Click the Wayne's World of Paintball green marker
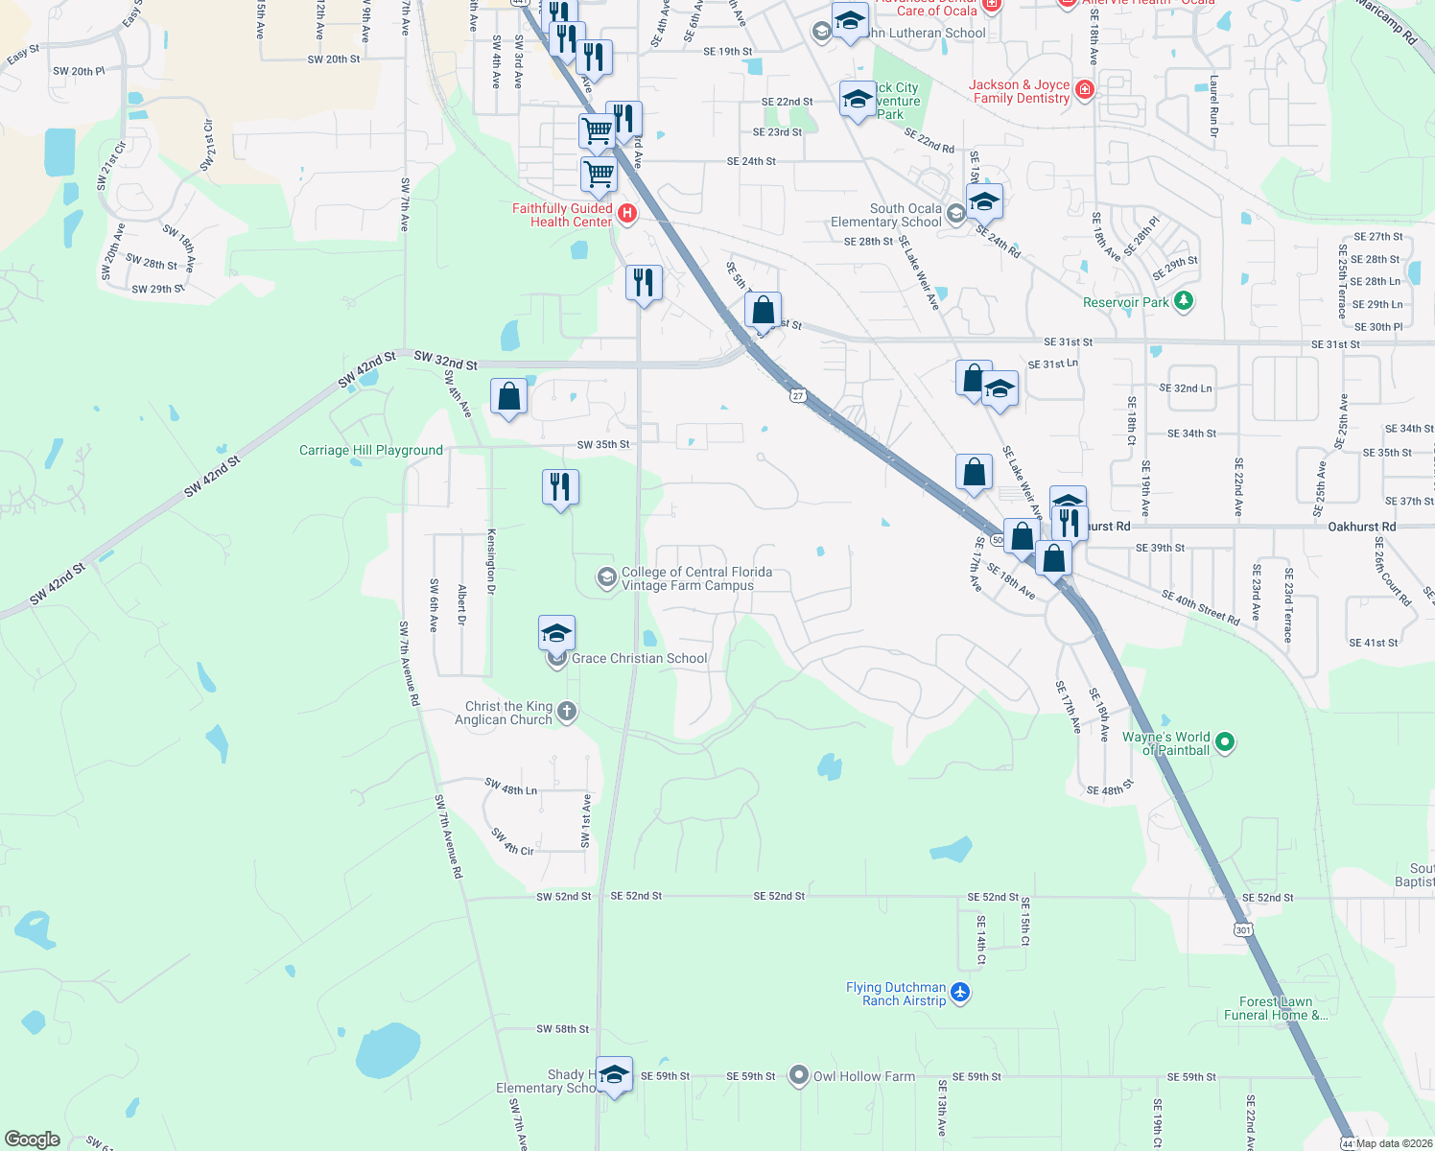tap(1224, 741)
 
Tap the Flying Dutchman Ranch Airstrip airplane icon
tap(960, 993)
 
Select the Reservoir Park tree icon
tap(1184, 301)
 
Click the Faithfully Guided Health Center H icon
tap(626, 213)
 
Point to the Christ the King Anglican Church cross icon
tap(567, 712)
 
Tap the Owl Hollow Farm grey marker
tap(798, 1076)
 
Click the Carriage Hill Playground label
tap(370, 450)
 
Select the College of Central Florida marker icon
tap(606, 577)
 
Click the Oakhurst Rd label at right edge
tap(1361, 527)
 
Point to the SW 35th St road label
tap(603, 444)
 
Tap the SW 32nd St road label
tap(445, 361)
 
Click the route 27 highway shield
tap(798, 395)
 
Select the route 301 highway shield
tap(1243, 929)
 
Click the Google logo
tap(33, 1139)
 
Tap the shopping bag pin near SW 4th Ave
tap(509, 396)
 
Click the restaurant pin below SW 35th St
tap(560, 486)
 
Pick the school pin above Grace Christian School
tap(556, 633)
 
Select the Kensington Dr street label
tap(491, 561)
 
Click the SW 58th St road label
tap(562, 1029)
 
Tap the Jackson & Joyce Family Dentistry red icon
tap(1084, 90)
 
